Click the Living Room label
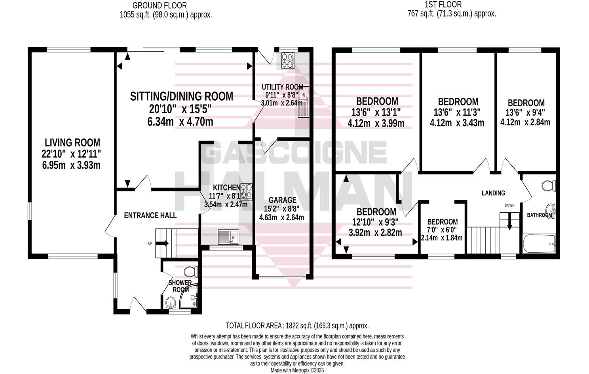[x=72, y=142]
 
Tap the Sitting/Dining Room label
[x=182, y=96]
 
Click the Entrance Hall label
[x=150, y=216]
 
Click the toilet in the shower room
[x=192, y=271]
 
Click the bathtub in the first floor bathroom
[x=539, y=244]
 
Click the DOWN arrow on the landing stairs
[x=510, y=221]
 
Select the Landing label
[x=493, y=193]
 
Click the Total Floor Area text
[x=297, y=326]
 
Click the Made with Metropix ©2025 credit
[x=297, y=370]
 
